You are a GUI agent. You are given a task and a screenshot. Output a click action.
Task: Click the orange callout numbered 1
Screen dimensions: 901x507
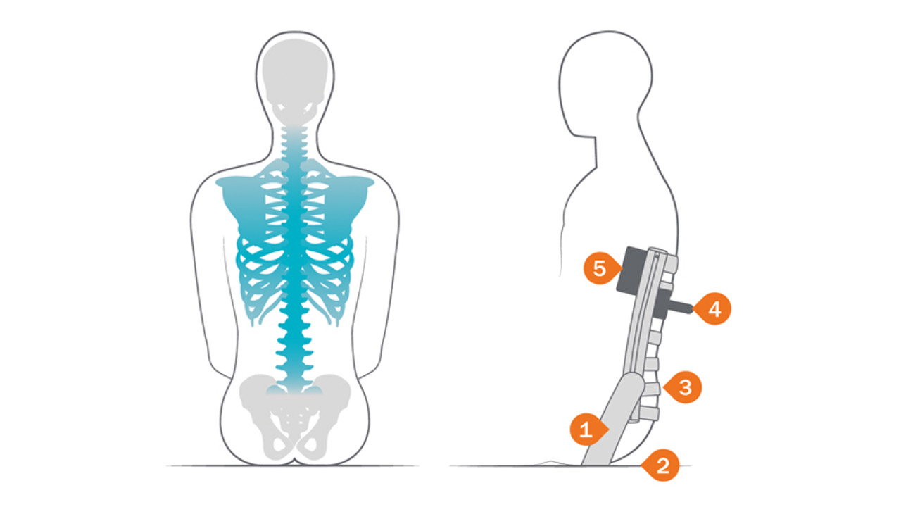click(x=588, y=430)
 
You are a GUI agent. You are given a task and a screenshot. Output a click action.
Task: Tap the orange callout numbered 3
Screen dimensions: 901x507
click(x=683, y=387)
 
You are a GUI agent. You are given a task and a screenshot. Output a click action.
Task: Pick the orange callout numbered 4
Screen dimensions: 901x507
click(x=713, y=308)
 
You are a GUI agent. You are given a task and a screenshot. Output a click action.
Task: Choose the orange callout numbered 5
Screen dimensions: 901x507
click(x=601, y=268)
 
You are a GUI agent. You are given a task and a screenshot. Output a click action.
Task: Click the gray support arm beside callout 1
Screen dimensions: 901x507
click(x=612, y=418)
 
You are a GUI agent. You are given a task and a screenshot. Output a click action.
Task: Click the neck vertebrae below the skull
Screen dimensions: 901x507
click(x=294, y=143)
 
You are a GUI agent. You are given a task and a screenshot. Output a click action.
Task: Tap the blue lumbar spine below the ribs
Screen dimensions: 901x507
click(x=294, y=350)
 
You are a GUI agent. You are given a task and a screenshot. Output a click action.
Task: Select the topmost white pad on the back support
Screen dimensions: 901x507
click(x=671, y=263)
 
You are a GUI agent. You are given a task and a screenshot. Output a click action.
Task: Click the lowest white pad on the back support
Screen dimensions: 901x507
click(x=650, y=413)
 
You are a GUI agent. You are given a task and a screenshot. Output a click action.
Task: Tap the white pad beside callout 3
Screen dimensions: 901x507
click(x=653, y=389)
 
